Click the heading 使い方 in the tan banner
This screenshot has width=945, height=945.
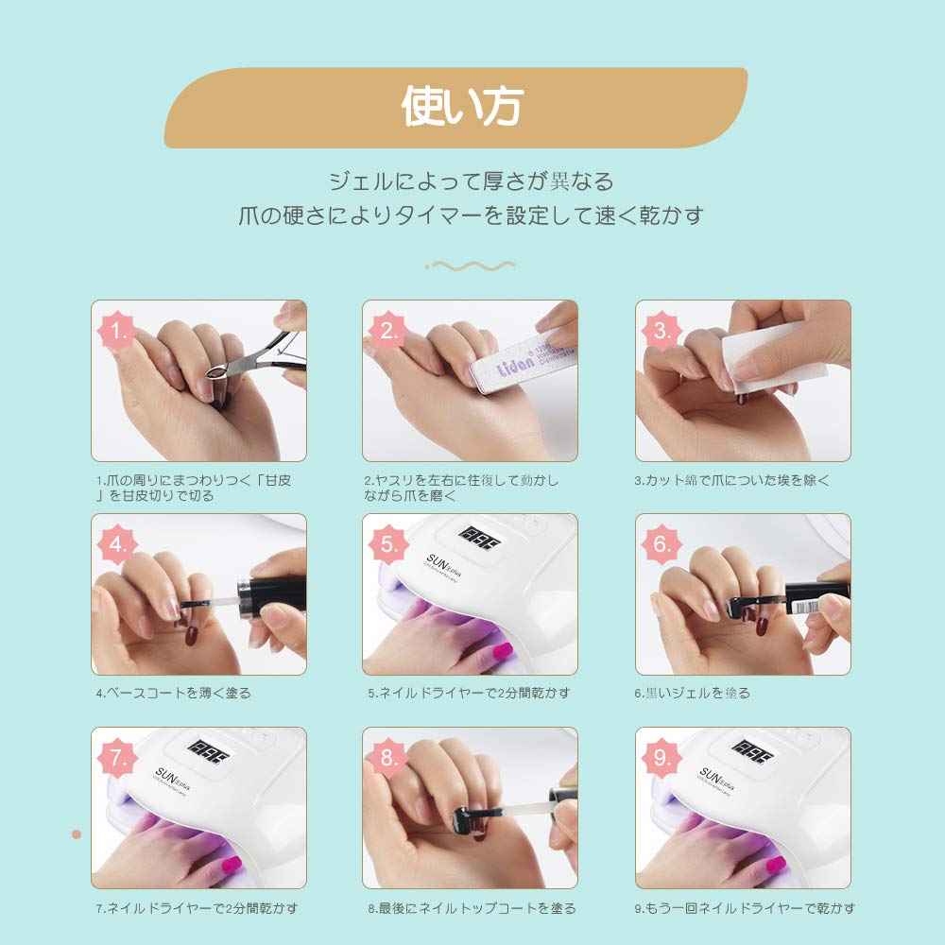coord(462,106)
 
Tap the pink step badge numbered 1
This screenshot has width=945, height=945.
coord(117,330)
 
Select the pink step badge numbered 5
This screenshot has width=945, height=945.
coord(388,544)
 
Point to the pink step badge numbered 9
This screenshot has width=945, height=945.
coord(661,758)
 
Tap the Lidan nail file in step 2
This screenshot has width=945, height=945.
coord(522,362)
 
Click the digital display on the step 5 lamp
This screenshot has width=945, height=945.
coord(480,538)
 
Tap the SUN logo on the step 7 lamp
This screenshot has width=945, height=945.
coord(172,778)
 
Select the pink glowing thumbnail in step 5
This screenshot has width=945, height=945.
coord(502,651)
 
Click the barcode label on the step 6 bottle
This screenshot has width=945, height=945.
coord(804,607)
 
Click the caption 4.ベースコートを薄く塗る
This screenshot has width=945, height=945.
coord(174,693)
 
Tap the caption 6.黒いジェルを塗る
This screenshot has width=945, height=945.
coord(693,693)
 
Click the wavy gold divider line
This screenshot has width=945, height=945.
coord(470,266)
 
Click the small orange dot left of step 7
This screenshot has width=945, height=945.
coord(77,834)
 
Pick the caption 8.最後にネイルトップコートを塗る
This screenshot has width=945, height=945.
coord(472,908)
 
